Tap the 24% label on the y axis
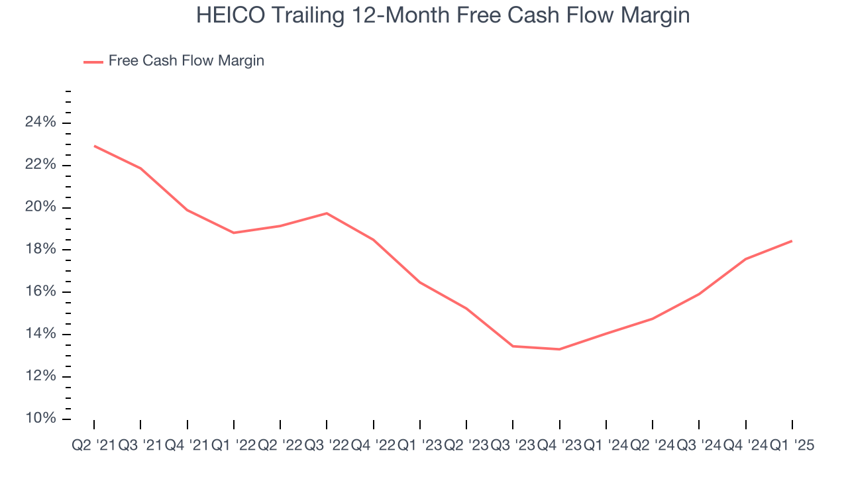coord(40,123)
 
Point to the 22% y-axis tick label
coord(40,165)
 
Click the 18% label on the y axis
coord(40,250)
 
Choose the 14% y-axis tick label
coord(40,334)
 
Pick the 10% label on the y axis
coord(40,419)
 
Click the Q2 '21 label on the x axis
coord(93,446)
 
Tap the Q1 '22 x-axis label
coord(233,446)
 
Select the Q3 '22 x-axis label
coord(327,446)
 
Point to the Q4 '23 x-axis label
coord(559,446)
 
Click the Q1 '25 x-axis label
coord(792,446)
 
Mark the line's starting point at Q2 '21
coord(94,146)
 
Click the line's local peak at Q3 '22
coord(327,213)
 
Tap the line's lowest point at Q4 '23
coord(559,349)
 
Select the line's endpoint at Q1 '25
coord(792,241)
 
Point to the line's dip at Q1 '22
coord(233,233)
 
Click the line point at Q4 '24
coord(745,259)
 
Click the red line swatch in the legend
coord(93,62)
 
